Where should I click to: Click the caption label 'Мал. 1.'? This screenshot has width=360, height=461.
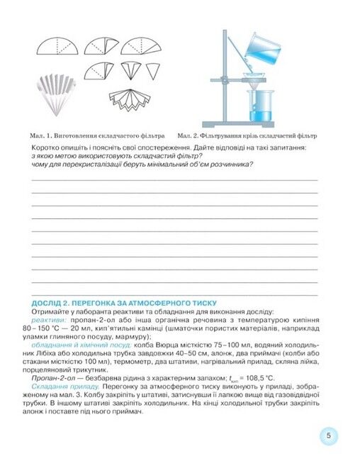tap(43, 134)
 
